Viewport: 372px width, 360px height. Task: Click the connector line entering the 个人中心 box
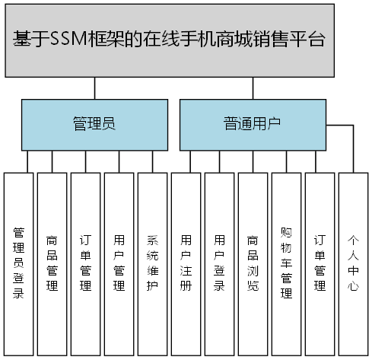(354, 148)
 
